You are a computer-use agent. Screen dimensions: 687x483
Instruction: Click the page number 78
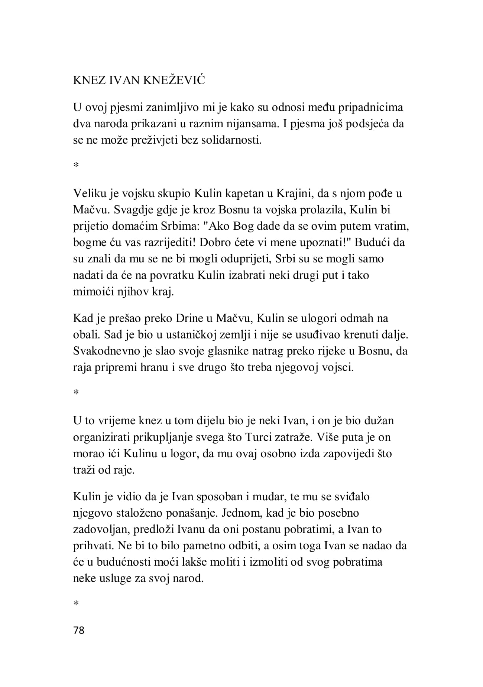[79, 630]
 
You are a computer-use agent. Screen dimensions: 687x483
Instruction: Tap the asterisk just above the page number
[76, 604]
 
